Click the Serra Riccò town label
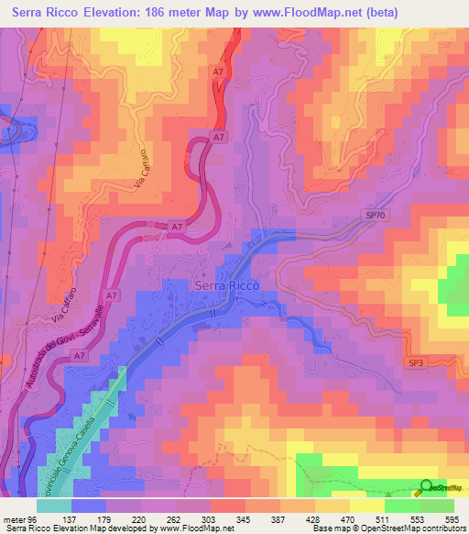[226, 285]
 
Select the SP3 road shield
[416, 363]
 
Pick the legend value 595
[451, 518]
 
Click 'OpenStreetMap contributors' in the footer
[415, 528]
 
